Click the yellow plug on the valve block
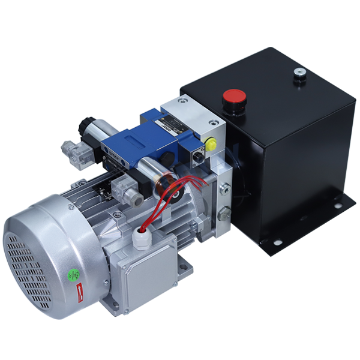click(x=210, y=143)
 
